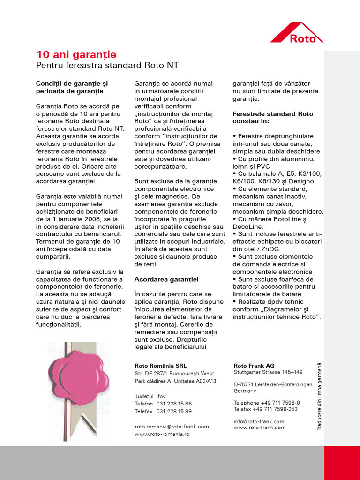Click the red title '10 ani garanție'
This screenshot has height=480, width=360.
point(76,54)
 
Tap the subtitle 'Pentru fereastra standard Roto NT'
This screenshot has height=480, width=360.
point(107,65)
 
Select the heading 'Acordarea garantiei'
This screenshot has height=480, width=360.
point(166,279)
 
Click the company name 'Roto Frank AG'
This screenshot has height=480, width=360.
point(254,366)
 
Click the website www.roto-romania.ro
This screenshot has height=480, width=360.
point(162,434)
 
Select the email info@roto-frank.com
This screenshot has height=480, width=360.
point(259,421)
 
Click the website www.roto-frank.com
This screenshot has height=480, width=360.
point(259,427)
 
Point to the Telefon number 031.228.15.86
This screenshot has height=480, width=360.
point(174,404)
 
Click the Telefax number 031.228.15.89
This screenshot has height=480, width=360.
point(174,411)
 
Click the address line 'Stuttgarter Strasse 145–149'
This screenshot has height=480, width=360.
point(268,372)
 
